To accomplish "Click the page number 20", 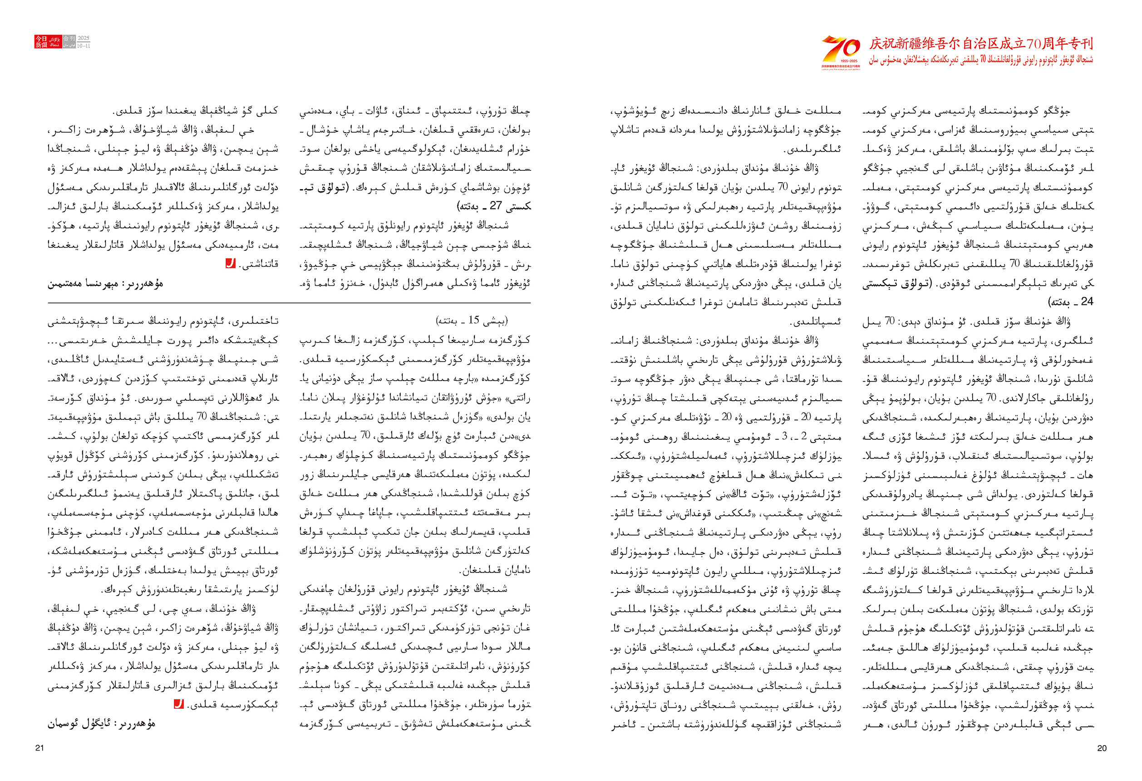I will (x=1102, y=748).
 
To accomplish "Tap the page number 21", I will (x=40, y=748).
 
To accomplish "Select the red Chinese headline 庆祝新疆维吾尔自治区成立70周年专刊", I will (x=981, y=44).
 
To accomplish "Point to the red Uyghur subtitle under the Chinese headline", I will (x=981, y=60).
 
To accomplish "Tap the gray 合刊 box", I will (x=69, y=38).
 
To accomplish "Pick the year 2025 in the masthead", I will (x=84, y=38).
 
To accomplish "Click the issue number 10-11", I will (x=84, y=46).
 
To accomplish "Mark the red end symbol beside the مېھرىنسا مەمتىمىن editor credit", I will (x=230, y=264).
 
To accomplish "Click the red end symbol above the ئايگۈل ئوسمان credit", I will (x=179, y=704).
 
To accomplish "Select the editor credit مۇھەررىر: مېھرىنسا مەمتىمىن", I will (x=105, y=284).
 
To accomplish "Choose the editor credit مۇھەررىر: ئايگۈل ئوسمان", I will (x=101, y=723).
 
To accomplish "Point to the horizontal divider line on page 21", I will (x=289, y=303).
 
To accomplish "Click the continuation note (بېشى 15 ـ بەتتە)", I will (x=472, y=321).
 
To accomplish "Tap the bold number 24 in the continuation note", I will (x=1087, y=302).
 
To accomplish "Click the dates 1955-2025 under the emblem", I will (x=841, y=61).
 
